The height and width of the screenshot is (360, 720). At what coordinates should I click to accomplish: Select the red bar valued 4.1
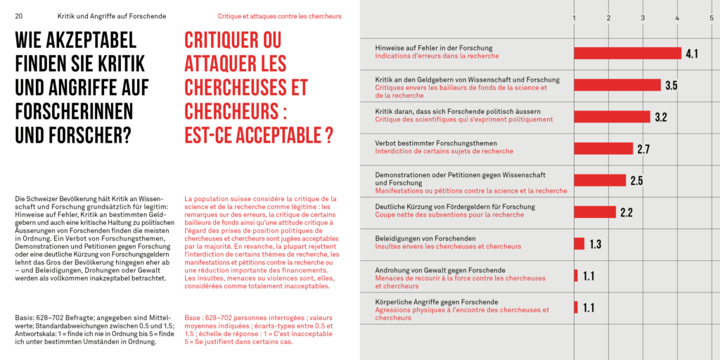(627, 53)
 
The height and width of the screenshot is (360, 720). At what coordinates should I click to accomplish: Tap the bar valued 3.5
(617, 85)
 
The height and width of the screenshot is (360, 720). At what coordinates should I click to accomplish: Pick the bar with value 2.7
(603, 148)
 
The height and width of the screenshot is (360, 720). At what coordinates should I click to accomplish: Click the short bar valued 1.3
(579, 243)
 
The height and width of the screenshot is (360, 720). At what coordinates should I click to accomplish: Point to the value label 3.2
(660, 117)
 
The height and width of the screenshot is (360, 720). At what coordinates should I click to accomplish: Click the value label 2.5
(636, 181)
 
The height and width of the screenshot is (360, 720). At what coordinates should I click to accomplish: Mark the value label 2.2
(626, 212)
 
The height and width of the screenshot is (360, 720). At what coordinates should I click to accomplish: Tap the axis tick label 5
(712, 18)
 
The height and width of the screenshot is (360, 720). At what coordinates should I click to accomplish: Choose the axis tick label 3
(643, 18)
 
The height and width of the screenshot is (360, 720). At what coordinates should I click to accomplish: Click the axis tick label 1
(574, 18)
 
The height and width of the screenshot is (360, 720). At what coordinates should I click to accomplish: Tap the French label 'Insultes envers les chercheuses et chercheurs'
(448, 247)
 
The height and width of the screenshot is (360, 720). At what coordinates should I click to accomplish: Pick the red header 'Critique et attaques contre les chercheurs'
(279, 16)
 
